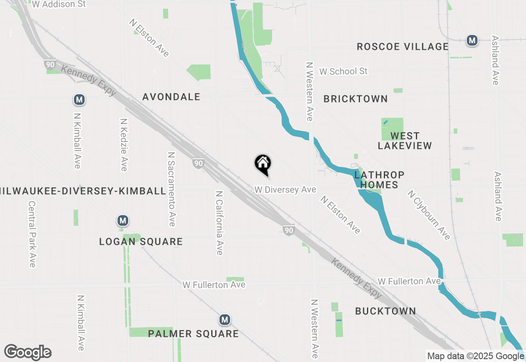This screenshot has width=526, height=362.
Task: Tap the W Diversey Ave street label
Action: coord(285,190)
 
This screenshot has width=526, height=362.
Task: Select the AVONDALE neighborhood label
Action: coord(171,97)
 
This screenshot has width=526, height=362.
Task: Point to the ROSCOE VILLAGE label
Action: coord(402,46)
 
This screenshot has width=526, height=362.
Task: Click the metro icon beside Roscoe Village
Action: coord(472,40)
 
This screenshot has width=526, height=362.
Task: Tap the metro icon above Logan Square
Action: coord(122,221)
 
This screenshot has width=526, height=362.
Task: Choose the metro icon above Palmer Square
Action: coord(224,320)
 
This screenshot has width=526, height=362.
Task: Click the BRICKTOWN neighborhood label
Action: coord(355,99)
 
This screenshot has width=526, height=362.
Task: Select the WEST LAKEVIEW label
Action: coord(405,141)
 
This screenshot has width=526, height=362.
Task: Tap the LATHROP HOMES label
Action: coord(379,180)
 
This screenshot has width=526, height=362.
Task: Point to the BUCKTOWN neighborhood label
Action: coord(385,311)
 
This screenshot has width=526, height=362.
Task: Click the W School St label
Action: coord(343,72)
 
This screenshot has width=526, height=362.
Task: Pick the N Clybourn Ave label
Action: coord(429,214)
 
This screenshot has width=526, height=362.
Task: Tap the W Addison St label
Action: coord(59,5)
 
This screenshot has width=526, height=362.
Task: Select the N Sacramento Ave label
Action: coord(171,189)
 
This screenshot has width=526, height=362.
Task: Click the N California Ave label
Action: coord(219,223)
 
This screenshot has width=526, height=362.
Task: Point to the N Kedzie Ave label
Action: coord(123,145)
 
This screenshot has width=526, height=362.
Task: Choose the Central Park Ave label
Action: coord(32,234)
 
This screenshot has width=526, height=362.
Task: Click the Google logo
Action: coord(28,352)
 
